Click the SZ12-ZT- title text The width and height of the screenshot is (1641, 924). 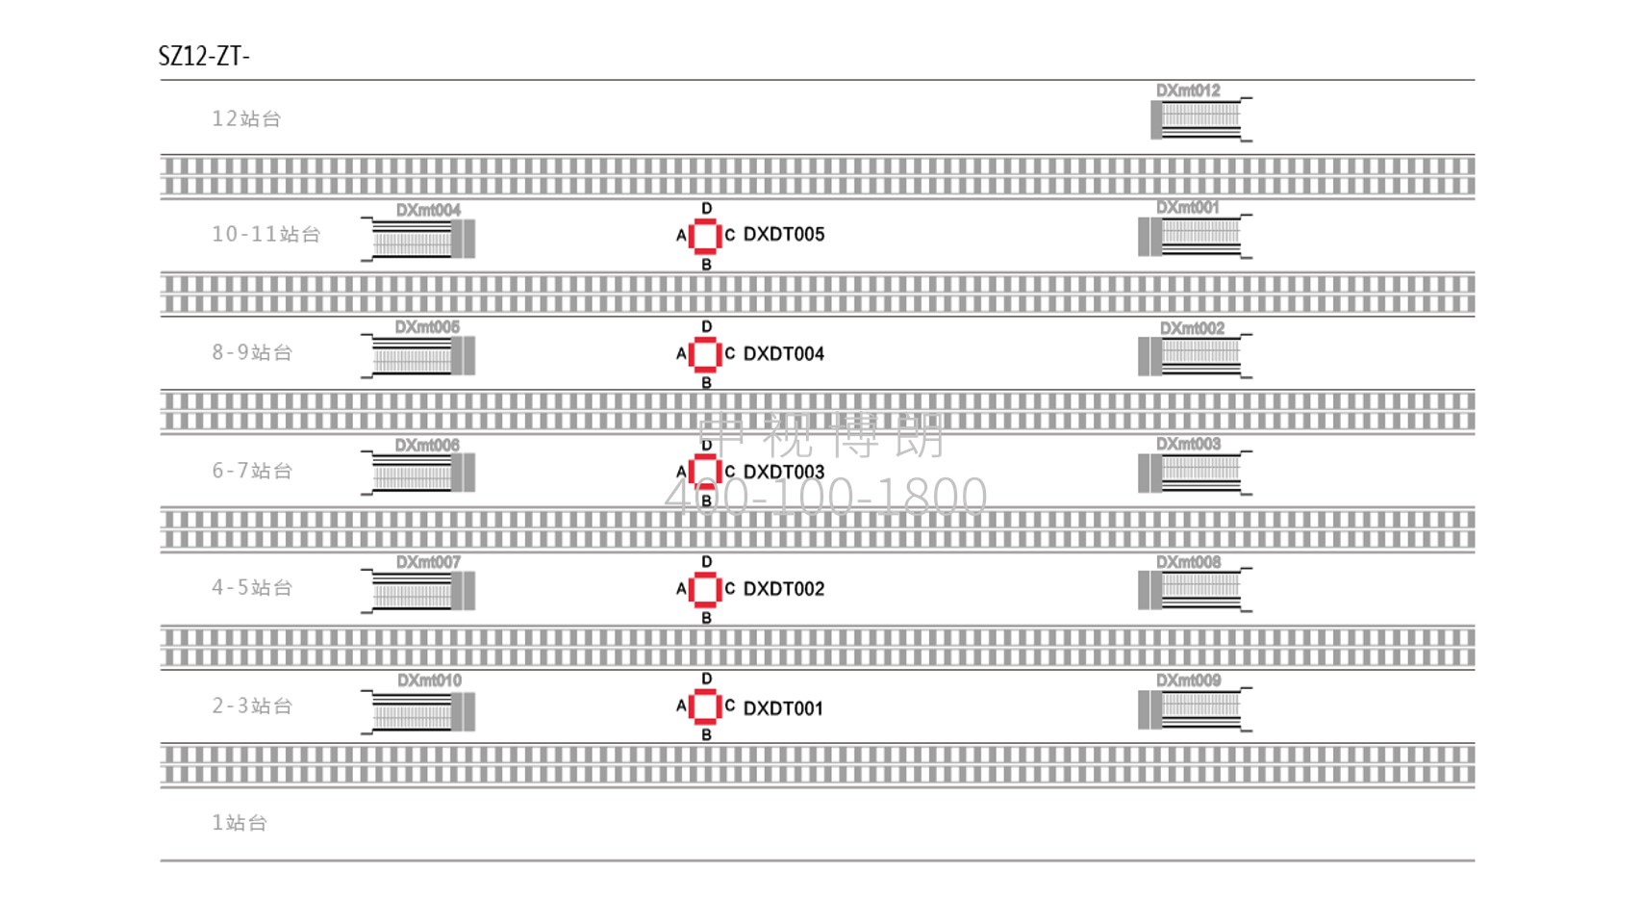coord(204,56)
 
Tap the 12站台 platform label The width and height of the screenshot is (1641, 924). coord(246,118)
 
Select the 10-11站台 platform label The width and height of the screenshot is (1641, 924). coord(265,234)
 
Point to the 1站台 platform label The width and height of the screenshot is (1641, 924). coord(240,823)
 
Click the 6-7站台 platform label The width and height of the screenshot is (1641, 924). coord(252,471)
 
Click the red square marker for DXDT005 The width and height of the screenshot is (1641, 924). coord(705,236)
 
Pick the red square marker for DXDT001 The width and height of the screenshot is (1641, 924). coord(705,707)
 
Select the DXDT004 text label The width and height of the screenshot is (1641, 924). coord(783,354)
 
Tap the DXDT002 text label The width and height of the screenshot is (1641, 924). coord(783,589)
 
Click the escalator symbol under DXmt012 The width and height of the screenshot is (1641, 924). coord(1199,119)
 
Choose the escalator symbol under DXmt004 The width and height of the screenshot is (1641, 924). coord(419,239)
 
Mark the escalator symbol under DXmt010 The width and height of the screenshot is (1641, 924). coord(419,711)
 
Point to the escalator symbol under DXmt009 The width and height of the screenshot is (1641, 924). coord(1194,709)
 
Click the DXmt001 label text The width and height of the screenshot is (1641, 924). coord(1187,207)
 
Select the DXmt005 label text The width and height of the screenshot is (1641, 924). coord(427,327)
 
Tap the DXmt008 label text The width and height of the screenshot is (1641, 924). coord(1188,562)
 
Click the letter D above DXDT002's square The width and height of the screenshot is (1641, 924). coord(707,562)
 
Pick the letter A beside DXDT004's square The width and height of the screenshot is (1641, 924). coord(681,354)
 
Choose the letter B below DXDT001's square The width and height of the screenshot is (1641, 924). coord(706,734)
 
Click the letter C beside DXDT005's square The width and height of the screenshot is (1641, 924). coord(730,235)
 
